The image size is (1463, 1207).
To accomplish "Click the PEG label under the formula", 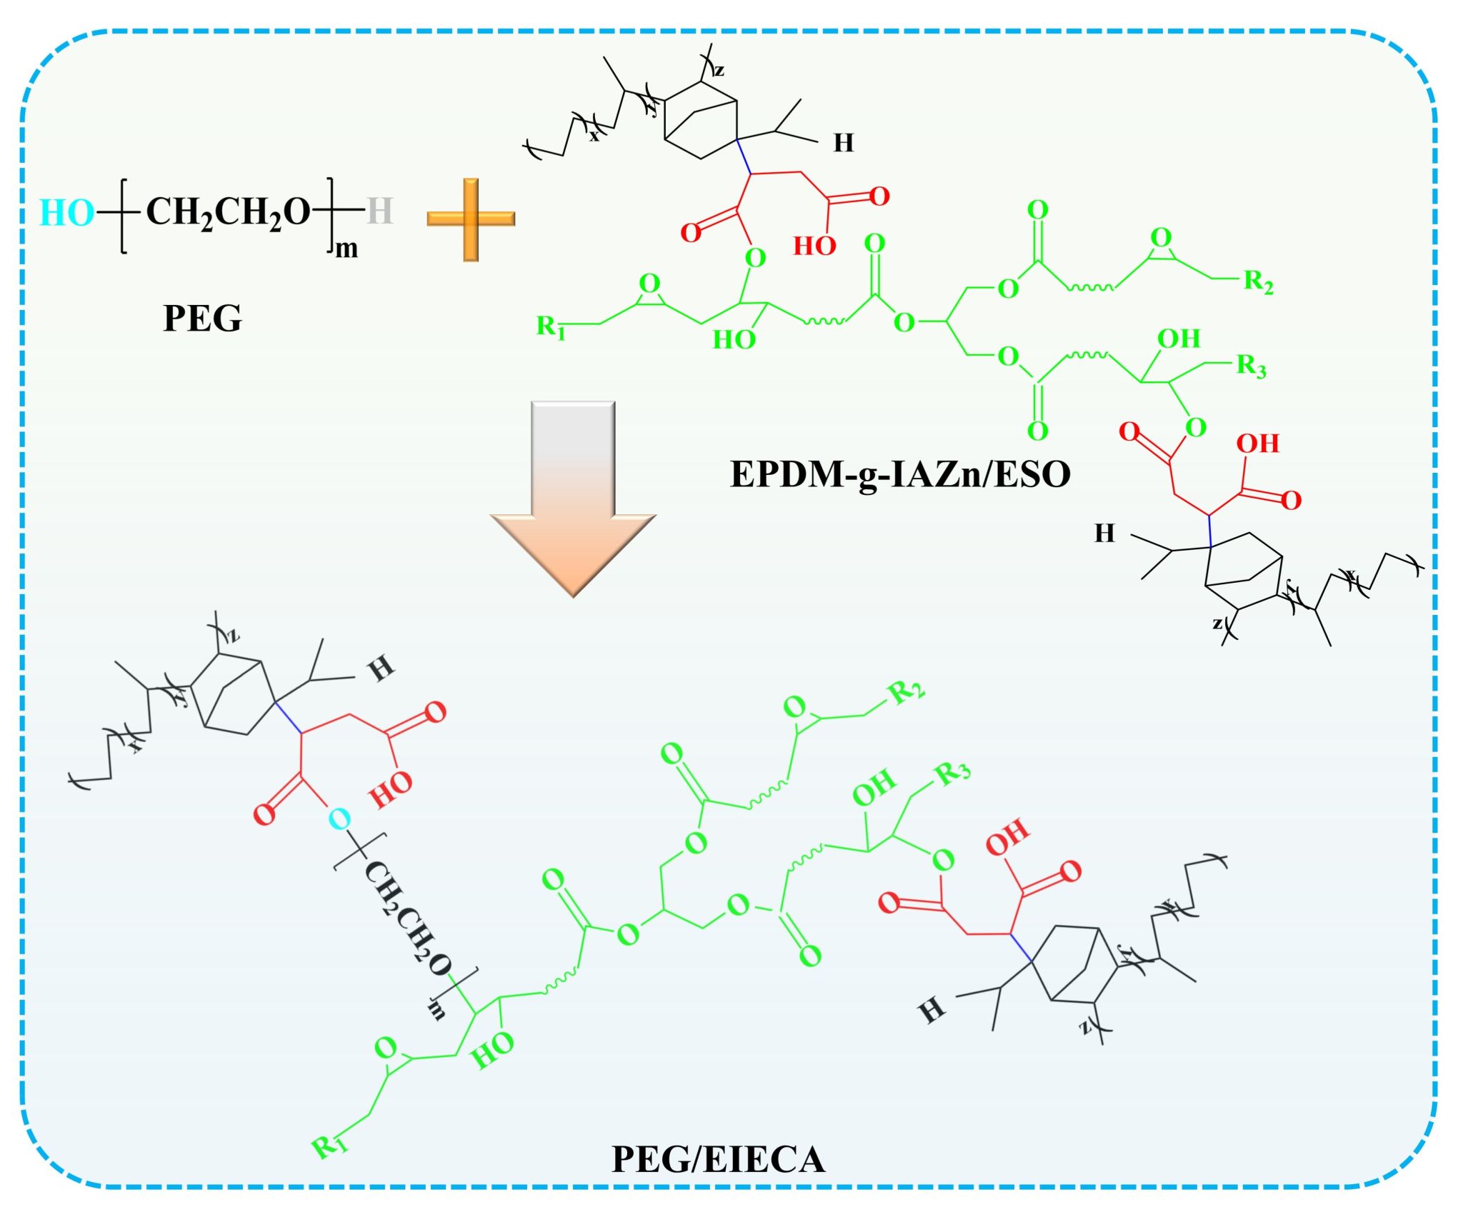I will pos(203,318).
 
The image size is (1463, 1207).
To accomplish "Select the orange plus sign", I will pos(471,219).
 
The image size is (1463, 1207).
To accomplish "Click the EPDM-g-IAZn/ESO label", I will pos(900,474).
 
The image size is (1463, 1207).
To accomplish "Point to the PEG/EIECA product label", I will pos(718,1160).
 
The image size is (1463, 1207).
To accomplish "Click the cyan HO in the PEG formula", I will pos(66,213).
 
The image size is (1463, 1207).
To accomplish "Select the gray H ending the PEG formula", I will pos(379,211).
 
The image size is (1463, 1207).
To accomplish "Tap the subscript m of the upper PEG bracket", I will pos(346,249).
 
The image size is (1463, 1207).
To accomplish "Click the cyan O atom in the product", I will pos(340,819).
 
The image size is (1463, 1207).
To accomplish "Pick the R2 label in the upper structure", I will pos(1258,282).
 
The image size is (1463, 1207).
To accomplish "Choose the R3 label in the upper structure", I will pos(1251,366).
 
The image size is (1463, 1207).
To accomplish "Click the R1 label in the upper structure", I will pos(551,327).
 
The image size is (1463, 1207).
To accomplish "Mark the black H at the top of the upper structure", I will pos(844,144).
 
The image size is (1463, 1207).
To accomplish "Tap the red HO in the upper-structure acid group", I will pos(814,246).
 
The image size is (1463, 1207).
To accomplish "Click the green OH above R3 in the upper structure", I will pos(1179,339).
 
